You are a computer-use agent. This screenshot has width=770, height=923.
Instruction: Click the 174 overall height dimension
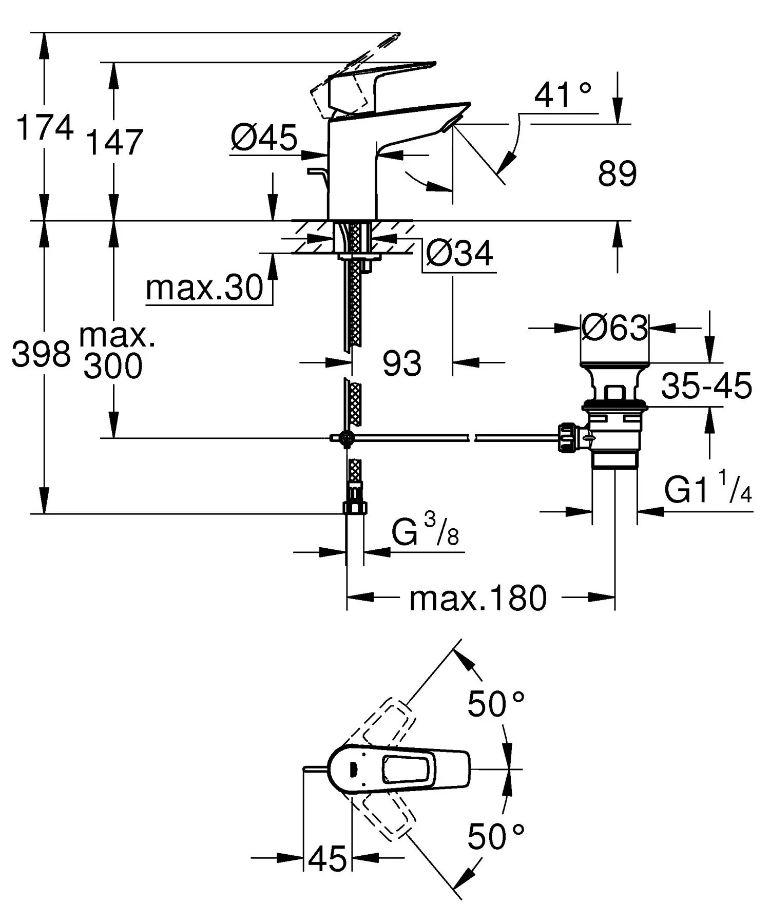[45, 128]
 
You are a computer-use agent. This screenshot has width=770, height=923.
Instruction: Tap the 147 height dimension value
[114, 143]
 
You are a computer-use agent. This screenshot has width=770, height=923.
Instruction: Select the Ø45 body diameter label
[264, 138]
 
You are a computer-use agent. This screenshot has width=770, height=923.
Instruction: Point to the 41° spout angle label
[563, 95]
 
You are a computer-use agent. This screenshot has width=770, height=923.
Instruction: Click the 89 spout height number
[617, 174]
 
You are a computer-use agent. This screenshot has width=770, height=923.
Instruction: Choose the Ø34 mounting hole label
[459, 253]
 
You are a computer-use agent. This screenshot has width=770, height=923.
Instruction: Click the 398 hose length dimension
[41, 354]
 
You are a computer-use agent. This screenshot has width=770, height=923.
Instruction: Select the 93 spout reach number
[402, 363]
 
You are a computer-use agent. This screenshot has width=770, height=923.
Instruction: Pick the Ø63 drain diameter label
[615, 328]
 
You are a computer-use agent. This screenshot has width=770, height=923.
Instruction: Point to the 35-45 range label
[706, 386]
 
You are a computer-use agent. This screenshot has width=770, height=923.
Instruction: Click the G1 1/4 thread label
[707, 490]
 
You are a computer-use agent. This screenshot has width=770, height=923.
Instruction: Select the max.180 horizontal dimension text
[478, 599]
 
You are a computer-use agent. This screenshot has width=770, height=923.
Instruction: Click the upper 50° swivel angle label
[495, 704]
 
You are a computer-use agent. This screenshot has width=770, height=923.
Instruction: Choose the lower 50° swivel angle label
[495, 837]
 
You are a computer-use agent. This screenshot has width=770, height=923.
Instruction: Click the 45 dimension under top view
[328, 858]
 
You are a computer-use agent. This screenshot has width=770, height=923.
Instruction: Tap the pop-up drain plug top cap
[615, 366]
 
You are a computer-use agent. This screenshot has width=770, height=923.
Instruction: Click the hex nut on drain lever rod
[569, 437]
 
